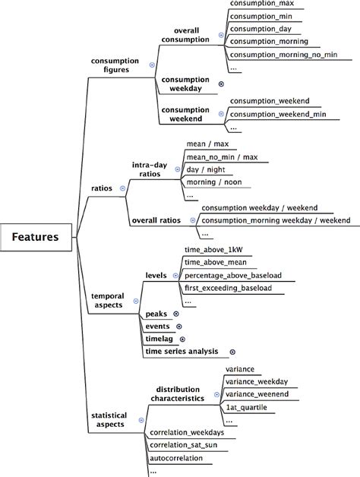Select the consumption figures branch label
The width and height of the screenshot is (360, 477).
[115, 65]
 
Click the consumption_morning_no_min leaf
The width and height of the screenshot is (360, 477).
[280, 54]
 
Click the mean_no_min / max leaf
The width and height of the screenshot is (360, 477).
[222, 156]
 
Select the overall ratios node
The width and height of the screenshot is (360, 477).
[156, 220]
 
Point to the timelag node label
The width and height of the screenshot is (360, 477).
[159, 339]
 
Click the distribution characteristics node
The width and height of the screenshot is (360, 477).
[182, 393]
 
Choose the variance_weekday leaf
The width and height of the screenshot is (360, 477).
[257, 381]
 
